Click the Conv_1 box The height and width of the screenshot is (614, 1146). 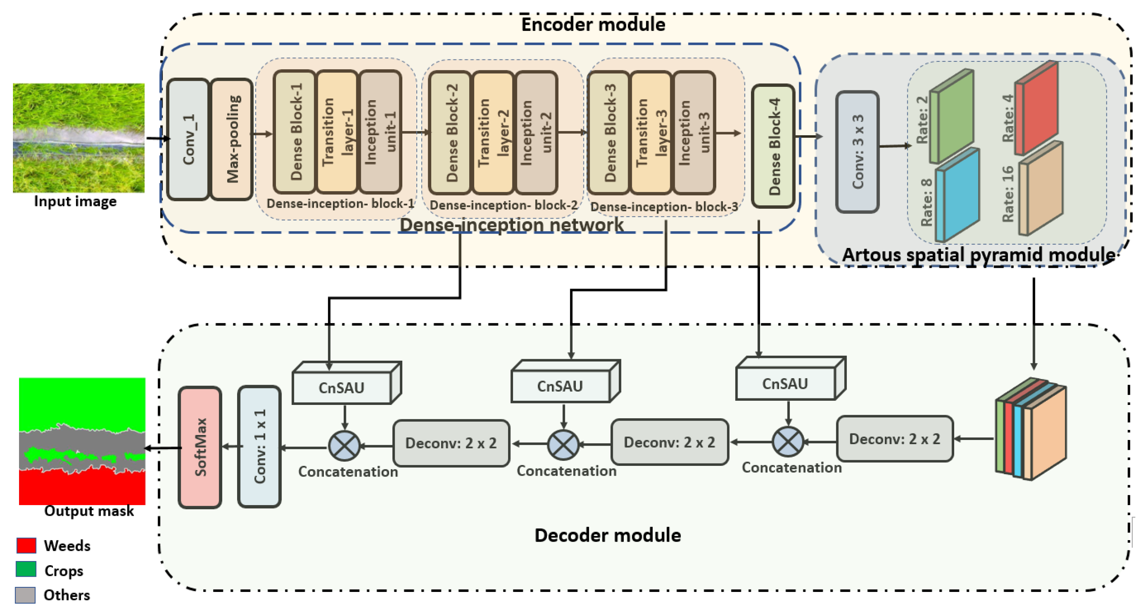tap(188, 139)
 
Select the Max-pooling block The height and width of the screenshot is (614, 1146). tap(231, 139)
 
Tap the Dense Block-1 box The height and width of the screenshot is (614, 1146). tap(295, 132)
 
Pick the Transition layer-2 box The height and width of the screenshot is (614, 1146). tap(493, 133)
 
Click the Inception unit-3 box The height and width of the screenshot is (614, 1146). tap(695, 133)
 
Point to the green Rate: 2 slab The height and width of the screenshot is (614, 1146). tap(952, 117)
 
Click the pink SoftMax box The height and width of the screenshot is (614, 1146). tap(200, 447)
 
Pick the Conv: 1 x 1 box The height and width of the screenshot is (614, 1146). tap(259, 446)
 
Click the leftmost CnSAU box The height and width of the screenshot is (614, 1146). tap(342, 387)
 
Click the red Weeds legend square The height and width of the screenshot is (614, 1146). tap(26, 545)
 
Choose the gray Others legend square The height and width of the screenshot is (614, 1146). tap(26, 595)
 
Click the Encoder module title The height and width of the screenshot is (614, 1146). tap(593, 24)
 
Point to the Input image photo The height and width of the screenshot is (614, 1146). tap(79, 138)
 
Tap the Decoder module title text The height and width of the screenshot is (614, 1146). tap(607, 535)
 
